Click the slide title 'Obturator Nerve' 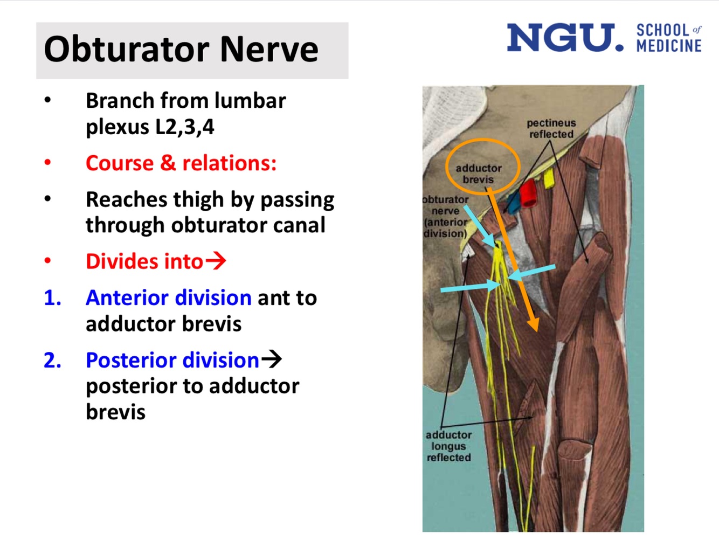[181, 50]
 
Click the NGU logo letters [565, 38]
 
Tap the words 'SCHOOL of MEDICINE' [669, 38]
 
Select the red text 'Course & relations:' [181, 163]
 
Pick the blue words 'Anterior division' [168, 297]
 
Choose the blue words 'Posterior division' [172, 360]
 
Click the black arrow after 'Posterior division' [272, 359]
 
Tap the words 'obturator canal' [248, 225]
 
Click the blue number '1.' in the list [52, 298]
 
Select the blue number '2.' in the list [52, 361]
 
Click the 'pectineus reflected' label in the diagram [551, 129]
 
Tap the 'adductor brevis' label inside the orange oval [479, 174]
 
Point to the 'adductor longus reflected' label [448, 446]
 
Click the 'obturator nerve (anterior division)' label [445, 217]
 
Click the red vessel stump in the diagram [528, 193]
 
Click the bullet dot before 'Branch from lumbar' [48, 100]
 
